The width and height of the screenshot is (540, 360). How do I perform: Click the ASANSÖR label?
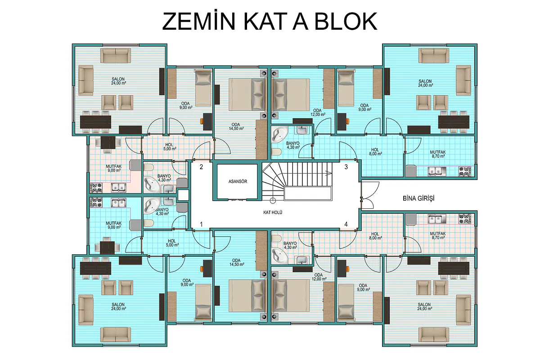(x=238, y=181)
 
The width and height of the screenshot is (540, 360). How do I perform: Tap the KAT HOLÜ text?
(x=273, y=212)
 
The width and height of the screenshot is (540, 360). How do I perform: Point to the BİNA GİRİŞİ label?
(x=418, y=198)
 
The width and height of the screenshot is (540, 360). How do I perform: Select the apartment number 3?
(x=346, y=167)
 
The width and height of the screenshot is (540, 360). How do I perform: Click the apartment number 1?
(x=201, y=224)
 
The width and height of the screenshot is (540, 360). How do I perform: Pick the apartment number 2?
(x=201, y=167)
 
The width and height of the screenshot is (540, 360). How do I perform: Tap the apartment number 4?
(x=346, y=224)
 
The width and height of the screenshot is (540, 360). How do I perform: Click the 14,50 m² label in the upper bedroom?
(x=236, y=129)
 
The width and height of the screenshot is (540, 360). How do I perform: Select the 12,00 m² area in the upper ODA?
(x=318, y=115)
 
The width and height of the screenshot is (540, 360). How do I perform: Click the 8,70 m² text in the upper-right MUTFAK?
(x=438, y=156)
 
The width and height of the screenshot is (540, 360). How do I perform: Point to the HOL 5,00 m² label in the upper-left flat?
(x=170, y=147)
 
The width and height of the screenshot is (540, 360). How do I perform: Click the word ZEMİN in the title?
(x=198, y=21)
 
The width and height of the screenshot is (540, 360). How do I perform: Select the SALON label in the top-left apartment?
(x=118, y=79)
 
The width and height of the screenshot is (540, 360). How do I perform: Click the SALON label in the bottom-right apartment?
(x=424, y=305)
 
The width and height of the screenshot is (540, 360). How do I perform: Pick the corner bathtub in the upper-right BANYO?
(x=279, y=134)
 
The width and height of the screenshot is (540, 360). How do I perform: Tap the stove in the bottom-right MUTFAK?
(x=464, y=219)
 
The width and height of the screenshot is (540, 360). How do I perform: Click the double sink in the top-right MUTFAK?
(x=437, y=171)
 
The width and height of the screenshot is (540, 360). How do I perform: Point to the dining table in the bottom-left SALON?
(x=95, y=268)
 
